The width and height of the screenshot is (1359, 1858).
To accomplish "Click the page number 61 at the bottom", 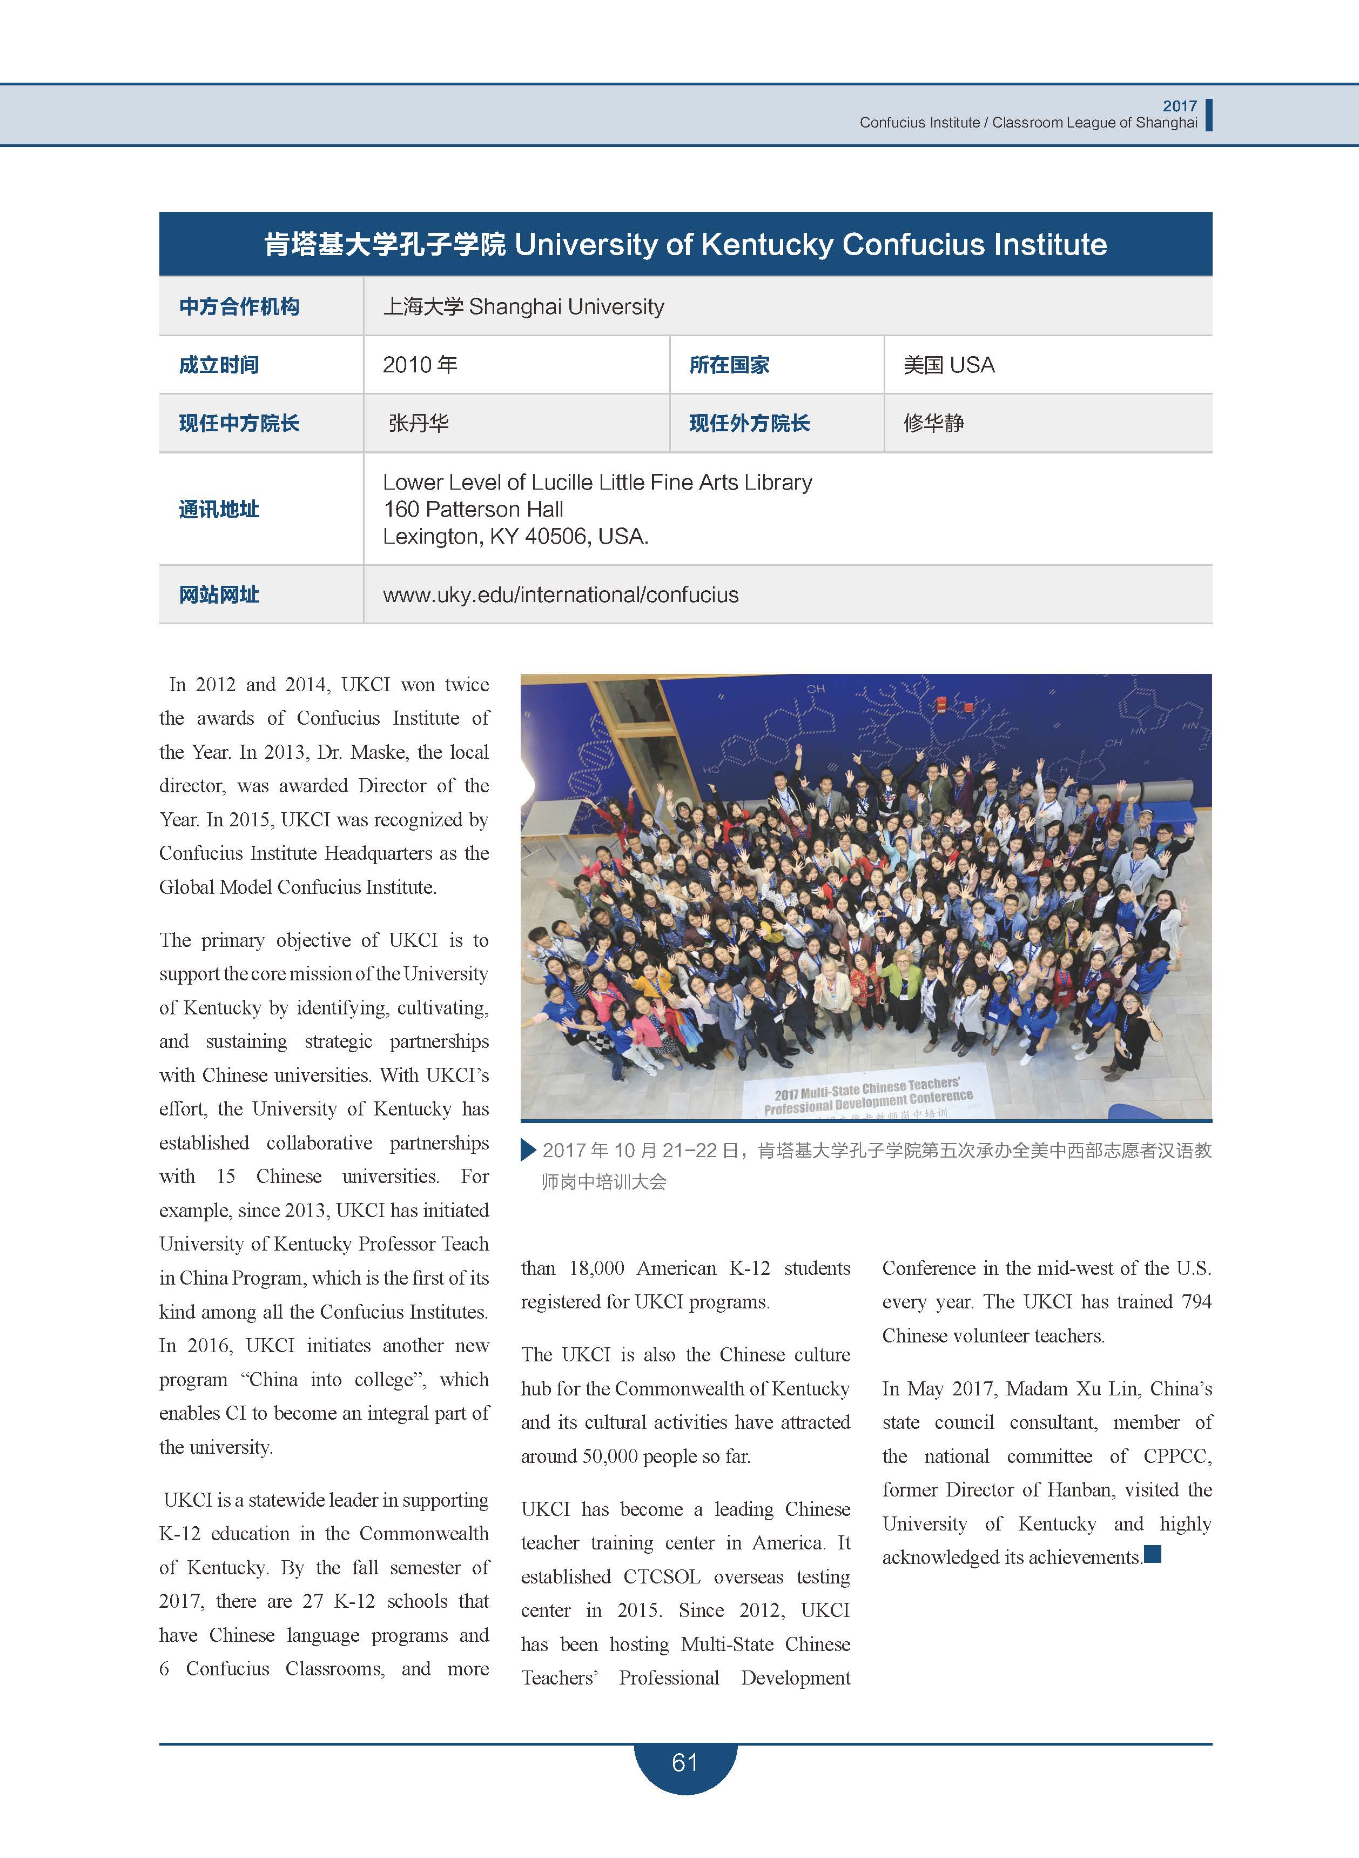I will (684, 1762).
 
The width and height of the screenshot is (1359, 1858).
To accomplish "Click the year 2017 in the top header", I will (1180, 106).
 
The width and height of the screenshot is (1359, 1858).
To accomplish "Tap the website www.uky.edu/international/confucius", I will (560, 595).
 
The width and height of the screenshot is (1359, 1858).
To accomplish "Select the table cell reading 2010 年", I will (420, 365).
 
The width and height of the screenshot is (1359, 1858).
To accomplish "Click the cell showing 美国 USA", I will (948, 365).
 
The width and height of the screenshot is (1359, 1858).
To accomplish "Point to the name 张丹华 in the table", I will (419, 423).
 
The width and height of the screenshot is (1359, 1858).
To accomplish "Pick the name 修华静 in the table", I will (934, 423).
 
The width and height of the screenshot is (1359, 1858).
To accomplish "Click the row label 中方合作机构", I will (239, 307).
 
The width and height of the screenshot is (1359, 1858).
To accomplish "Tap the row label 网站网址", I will (219, 595).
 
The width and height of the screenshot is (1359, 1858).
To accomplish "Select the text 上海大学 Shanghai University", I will (523, 307).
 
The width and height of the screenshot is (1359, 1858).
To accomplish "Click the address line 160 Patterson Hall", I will (473, 509).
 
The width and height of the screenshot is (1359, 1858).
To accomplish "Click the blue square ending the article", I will (1153, 1554).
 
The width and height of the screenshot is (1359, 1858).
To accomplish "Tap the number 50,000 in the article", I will (610, 1455).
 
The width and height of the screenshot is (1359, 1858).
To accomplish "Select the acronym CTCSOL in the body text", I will (661, 1576).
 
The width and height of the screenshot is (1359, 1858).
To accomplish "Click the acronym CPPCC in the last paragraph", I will (1177, 1455).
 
